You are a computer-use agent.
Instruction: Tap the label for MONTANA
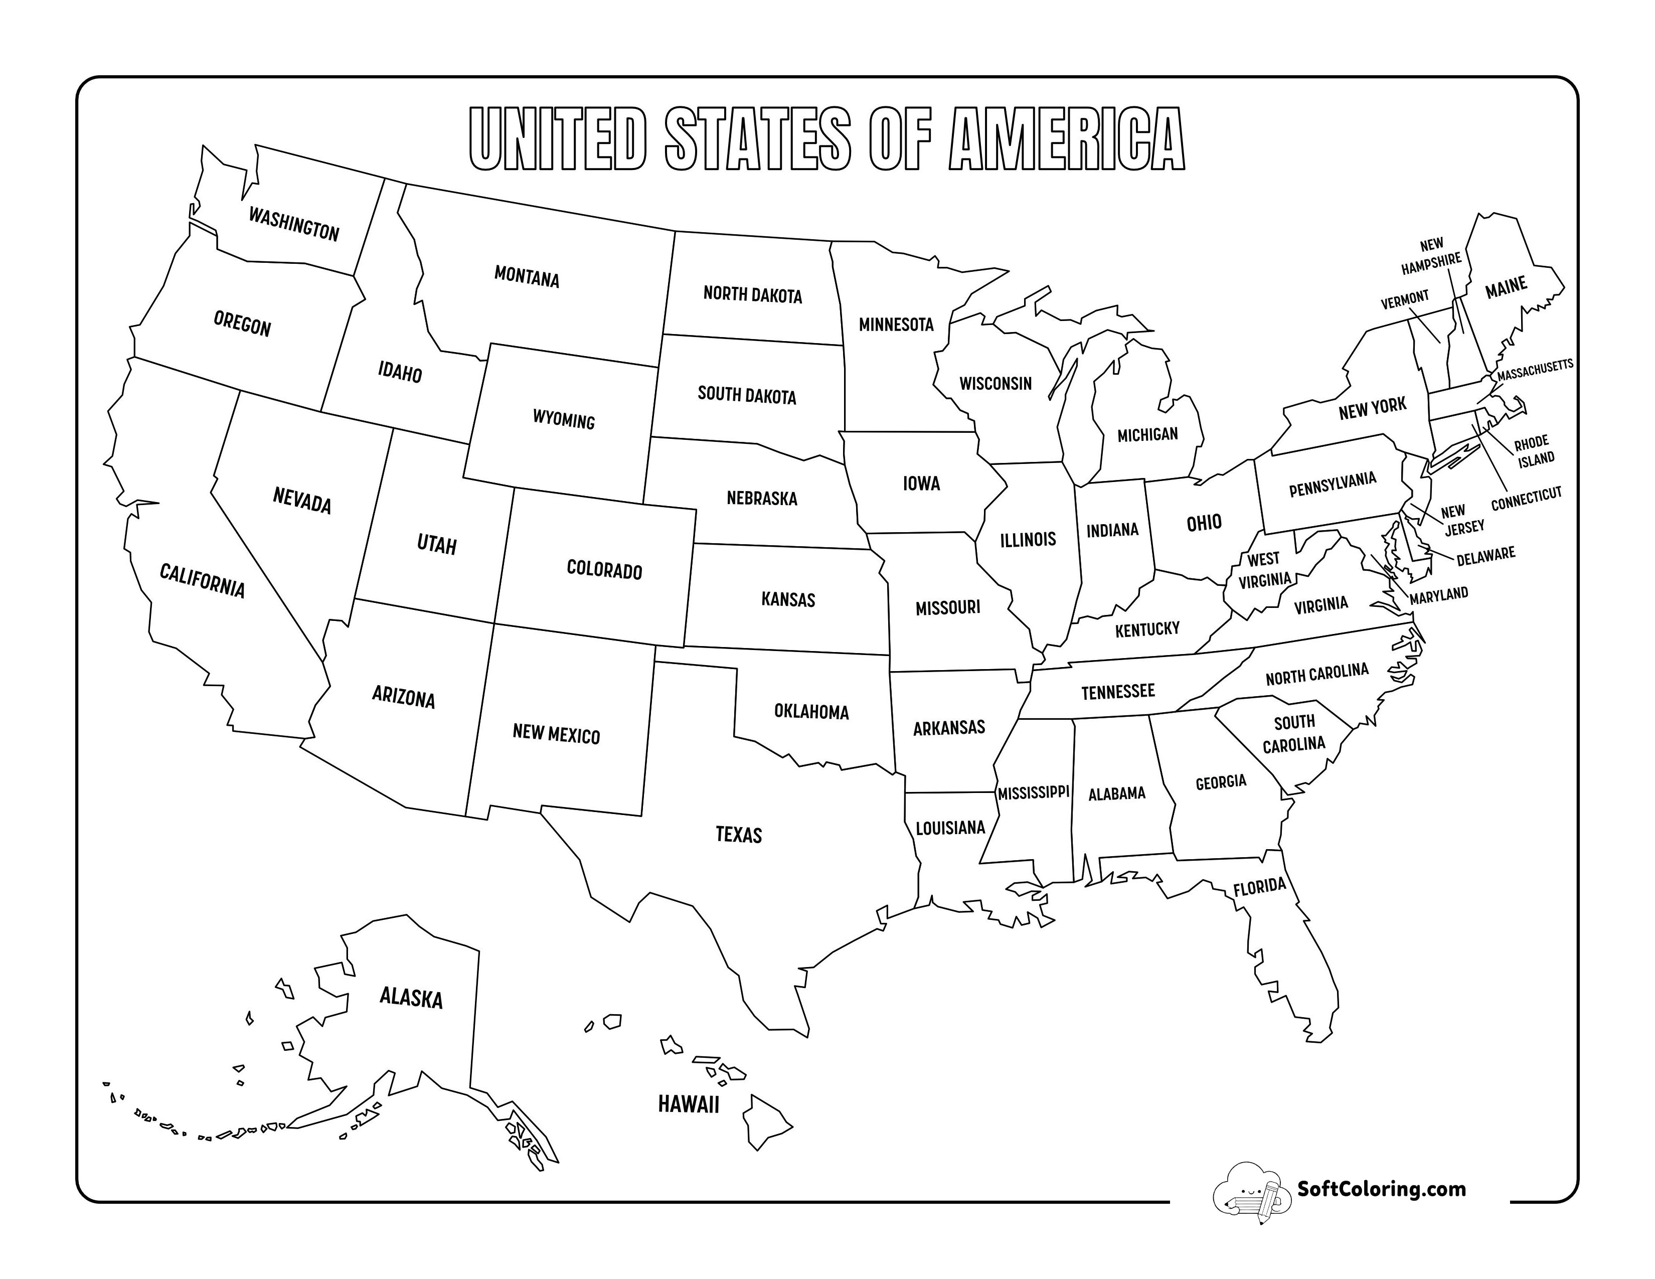coord(527,277)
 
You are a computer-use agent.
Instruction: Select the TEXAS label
coord(739,834)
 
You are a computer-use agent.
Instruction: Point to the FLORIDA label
coord(1259,886)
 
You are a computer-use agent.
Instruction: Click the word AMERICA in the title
coord(1066,139)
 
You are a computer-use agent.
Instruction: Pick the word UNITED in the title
coord(558,139)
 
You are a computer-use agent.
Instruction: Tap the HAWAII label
coord(688,1104)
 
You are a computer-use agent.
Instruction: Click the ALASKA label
coord(411,997)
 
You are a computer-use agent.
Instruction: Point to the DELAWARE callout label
coord(1485,555)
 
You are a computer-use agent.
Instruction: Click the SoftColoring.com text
coord(1382,1188)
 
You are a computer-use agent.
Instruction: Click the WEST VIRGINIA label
coord(1264,569)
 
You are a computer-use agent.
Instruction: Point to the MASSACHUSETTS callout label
coord(1535,369)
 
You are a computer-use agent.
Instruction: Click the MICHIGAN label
coord(1147,434)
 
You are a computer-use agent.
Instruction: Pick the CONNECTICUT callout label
coord(1526,498)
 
